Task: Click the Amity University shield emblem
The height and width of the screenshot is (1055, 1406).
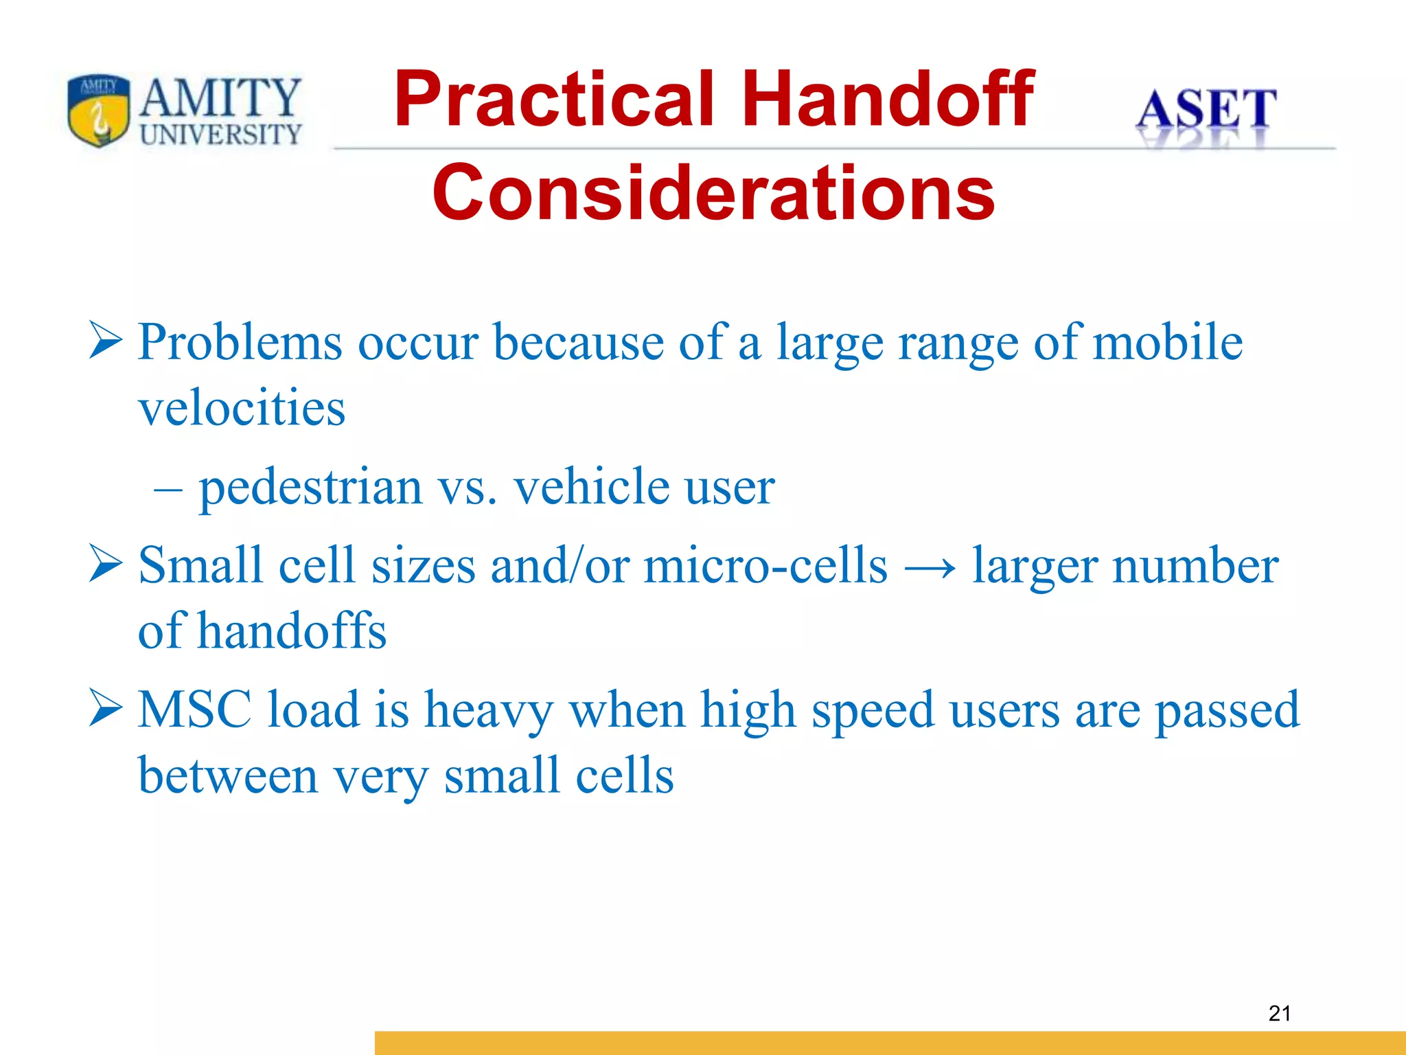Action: coord(98,110)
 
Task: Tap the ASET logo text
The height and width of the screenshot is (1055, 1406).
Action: coord(1206,110)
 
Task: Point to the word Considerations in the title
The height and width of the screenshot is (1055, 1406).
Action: coord(713,194)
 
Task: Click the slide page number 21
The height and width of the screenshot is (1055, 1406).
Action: coord(1280,1013)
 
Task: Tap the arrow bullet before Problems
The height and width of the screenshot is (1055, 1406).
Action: coord(106,342)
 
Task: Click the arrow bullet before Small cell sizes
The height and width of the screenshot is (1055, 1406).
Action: coord(106,565)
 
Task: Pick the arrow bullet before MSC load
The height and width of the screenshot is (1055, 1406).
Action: coord(106,710)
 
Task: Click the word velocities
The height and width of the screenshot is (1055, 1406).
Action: coord(242,407)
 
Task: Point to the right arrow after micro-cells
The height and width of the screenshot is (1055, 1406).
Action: coord(930,568)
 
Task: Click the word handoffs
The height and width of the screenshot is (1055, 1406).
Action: coord(292,631)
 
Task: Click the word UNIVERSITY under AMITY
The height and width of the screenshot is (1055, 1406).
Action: coord(220,134)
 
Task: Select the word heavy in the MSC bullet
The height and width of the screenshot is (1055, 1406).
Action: coord(489,711)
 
